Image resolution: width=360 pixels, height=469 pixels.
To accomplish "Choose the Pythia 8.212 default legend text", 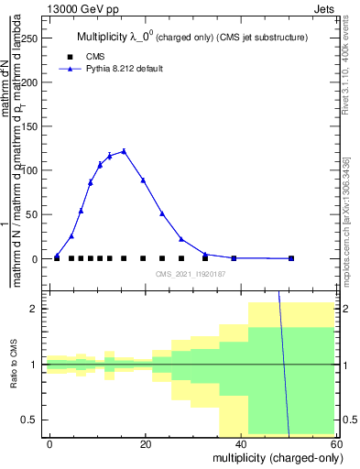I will pos(125,69).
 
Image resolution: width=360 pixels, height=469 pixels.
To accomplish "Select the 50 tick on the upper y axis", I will pos(37,214).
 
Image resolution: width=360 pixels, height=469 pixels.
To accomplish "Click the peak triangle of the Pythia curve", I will pos(124,151).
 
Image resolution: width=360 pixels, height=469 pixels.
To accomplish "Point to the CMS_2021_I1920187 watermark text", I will pos(190,274).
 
